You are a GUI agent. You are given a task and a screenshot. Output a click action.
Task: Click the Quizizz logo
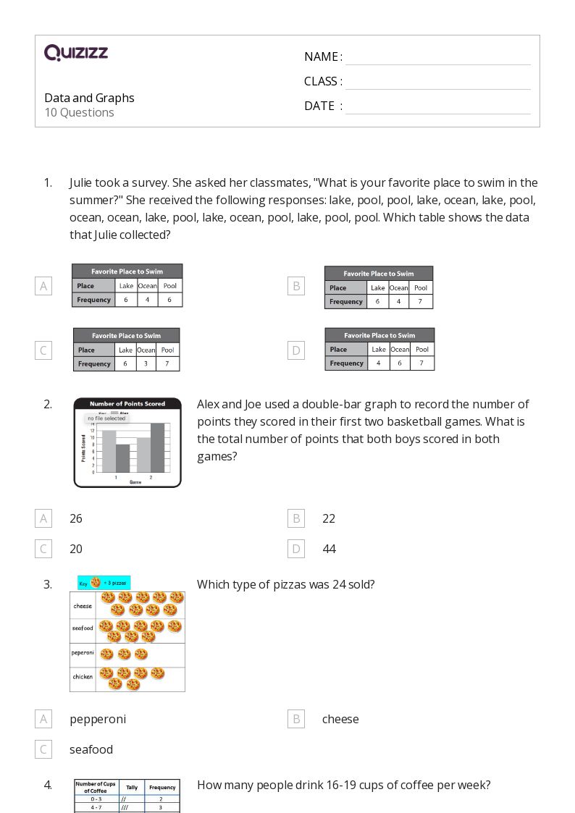point(76,52)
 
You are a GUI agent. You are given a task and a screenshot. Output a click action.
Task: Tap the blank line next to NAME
point(437,57)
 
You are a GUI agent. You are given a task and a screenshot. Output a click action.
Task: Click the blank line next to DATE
point(437,106)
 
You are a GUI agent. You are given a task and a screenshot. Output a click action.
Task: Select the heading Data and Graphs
point(89,98)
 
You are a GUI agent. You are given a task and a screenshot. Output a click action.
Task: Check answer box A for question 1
point(43,286)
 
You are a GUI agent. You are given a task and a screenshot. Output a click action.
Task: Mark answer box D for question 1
point(295,350)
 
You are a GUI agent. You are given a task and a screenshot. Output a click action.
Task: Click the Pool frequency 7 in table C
point(167,363)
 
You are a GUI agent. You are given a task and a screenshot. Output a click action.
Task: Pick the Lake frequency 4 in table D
point(378,363)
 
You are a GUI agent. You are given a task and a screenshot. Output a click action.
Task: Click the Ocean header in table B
point(399,287)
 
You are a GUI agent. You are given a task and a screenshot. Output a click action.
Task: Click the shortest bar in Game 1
point(123,458)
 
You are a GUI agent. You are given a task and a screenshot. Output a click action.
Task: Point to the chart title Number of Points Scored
point(127,403)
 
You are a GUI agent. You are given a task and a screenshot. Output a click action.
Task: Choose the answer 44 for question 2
point(329,549)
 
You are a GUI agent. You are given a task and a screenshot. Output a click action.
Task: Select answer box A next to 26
point(43,518)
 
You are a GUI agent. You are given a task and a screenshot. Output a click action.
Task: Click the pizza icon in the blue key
point(96,582)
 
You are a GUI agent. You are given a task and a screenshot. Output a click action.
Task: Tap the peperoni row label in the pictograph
point(83,652)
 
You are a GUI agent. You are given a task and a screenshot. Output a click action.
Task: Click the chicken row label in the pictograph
point(83,677)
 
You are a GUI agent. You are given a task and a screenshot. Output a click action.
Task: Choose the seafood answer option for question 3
point(91,749)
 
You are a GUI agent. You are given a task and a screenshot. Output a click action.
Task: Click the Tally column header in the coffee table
point(132,787)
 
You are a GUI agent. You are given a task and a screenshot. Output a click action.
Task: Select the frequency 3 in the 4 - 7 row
point(161,807)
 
